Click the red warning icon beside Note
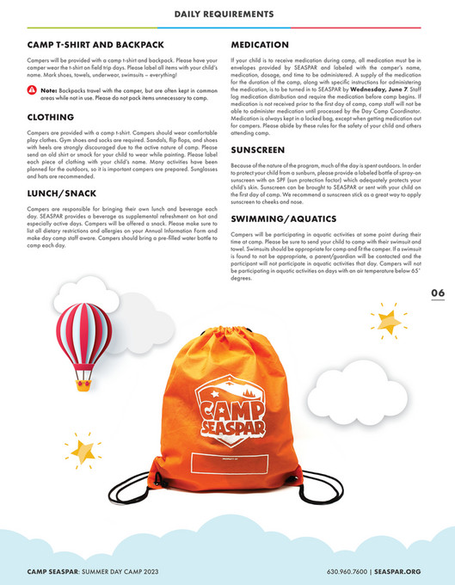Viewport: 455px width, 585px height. click(x=32, y=89)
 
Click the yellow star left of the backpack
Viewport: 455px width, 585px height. click(x=83, y=451)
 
